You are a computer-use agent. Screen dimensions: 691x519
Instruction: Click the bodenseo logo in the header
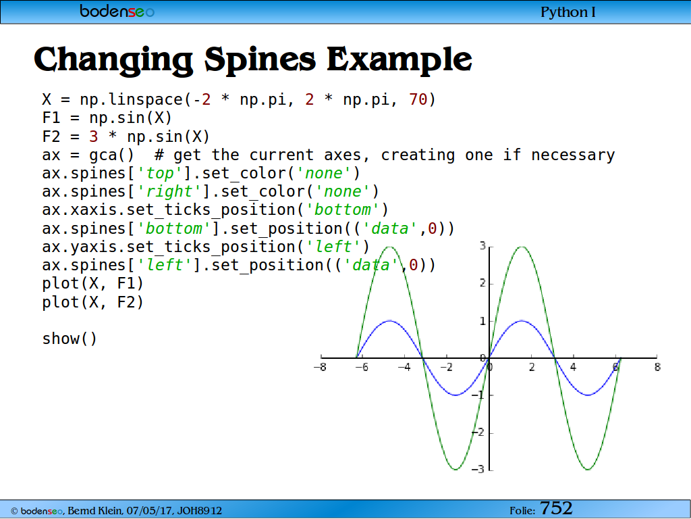117,11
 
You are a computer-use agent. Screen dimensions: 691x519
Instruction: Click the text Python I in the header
568,12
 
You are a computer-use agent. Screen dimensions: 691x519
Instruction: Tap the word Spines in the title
260,59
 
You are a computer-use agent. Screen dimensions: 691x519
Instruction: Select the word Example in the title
399,59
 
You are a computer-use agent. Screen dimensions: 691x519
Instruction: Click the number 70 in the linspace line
418,99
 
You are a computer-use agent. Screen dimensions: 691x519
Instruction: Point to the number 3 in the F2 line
93,137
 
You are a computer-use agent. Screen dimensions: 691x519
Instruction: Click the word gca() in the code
111,155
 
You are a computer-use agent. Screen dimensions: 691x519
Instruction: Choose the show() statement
70,339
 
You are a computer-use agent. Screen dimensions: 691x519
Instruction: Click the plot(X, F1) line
92,283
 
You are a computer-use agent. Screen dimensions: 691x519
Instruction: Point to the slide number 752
556,508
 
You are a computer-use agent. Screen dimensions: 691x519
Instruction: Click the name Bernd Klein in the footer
95,511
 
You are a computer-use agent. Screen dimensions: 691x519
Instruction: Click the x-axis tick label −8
320,367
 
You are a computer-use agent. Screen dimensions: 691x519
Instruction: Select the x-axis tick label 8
657,367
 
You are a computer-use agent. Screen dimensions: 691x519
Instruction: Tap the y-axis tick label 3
482,246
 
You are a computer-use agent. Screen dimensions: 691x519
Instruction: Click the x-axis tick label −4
404,367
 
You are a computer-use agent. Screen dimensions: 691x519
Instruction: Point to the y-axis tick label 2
482,283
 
